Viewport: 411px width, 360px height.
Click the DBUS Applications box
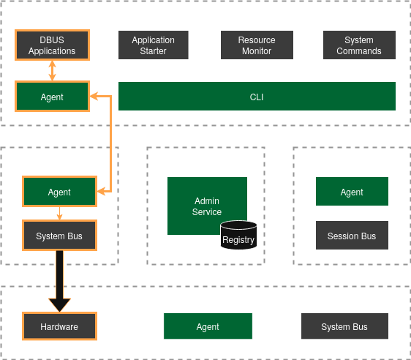[52, 45]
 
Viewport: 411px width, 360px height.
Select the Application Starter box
[154, 45]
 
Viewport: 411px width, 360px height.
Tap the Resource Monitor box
[257, 45]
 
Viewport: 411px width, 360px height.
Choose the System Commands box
[359, 45]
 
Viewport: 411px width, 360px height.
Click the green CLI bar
[257, 97]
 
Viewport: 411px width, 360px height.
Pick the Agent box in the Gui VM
[52, 97]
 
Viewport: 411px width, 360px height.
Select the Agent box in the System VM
[59, 192]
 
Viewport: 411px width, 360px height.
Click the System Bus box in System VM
[59, 236]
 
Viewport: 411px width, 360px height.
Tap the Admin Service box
[207, 206]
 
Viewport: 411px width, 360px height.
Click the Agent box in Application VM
[352, 192]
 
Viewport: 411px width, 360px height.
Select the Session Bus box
[352, 236]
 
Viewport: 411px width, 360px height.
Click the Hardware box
[59, 326]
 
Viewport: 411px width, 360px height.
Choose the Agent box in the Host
[208, 326]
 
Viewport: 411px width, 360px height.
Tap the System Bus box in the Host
[344, 326]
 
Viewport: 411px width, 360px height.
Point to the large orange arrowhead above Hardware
[59, 304]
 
